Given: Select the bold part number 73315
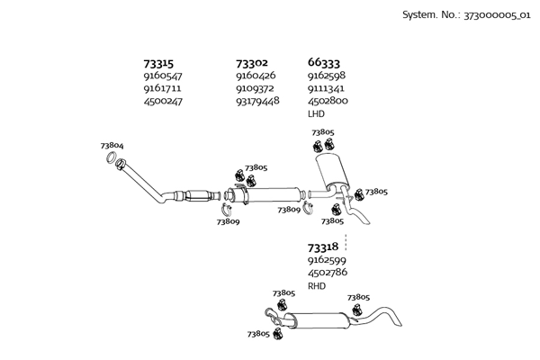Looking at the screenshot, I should coord(159,64).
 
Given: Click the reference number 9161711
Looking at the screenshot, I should coord(162,89).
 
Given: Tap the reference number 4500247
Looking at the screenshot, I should coord(163,102).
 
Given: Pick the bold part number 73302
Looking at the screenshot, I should coord(251,64).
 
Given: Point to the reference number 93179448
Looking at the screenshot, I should coord(257,102).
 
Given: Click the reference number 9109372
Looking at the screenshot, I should coord(255,89).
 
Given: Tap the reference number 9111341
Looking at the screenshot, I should coord(328,89).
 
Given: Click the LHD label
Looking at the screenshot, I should coord(316,114).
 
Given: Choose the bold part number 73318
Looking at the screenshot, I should coord(322,247).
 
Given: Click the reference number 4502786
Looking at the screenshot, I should coord(328,272).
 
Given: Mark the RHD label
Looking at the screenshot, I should coord(317,285).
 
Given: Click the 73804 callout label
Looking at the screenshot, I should coord(112,146).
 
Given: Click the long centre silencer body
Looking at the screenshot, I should coord(274,194).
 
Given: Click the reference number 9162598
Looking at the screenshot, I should coord(328,76).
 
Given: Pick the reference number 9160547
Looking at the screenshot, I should coord(162,76).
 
